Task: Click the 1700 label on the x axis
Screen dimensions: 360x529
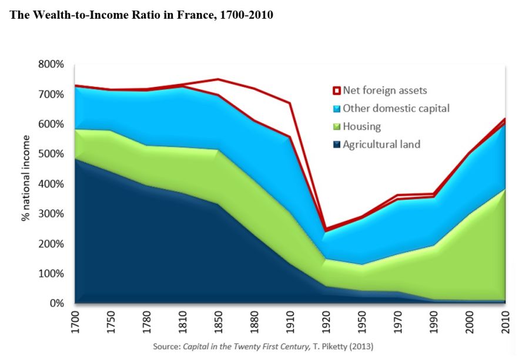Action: [x=75, y=322]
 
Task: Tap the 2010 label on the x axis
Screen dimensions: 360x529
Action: [x=505, y=322]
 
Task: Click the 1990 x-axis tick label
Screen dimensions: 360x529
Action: [x=434, y=322]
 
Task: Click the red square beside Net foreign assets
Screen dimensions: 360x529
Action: [x=336, y=91]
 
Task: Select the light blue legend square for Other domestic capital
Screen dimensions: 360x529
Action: [x=336, y=109]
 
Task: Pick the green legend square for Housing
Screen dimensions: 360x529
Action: [x=336, y=126]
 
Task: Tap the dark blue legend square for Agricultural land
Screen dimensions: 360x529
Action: [x=336, y=144]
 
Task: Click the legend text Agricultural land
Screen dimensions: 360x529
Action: [x=381, y=144]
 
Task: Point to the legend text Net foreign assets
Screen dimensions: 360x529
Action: [x=384, y=91]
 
